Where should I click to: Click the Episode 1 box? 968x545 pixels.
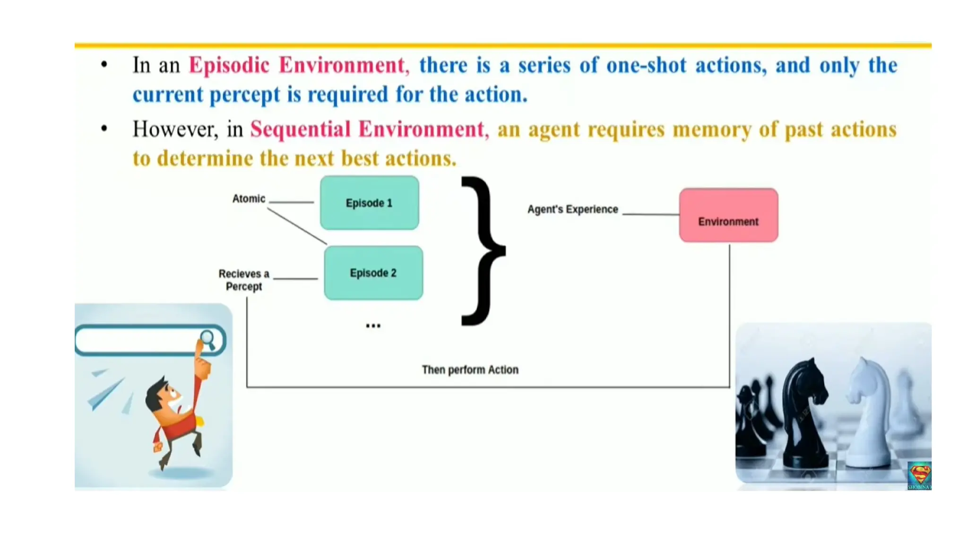pos(369,203)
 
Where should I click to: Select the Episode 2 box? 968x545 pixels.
pos(373,273)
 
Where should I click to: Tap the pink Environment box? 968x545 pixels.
pos(728,216)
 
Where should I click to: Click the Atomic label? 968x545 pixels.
pos(249,199)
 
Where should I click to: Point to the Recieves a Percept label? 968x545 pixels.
pos(244,280)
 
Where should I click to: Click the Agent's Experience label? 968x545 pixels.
pos(572,209)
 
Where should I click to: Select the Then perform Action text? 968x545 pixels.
pos(470,369)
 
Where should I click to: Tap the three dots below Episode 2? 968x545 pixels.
pos(373,326)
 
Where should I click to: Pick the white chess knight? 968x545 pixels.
pos(870,412)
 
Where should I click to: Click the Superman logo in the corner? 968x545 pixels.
pos(919,475)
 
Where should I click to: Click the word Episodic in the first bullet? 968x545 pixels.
pos(229,65)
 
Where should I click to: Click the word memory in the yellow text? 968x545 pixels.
pos(711,129)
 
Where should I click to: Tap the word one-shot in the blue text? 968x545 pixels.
pos(646,65)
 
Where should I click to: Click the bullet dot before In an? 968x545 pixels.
pos(104,65)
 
